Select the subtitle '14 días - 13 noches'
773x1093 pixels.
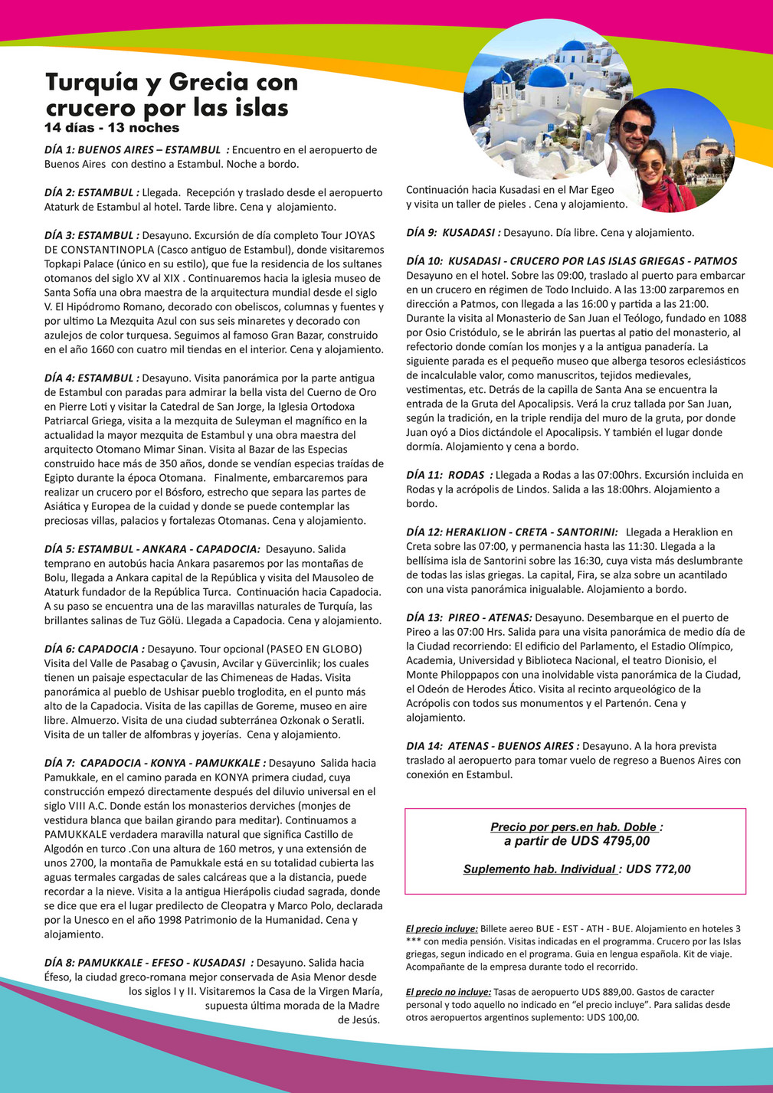(112, 128)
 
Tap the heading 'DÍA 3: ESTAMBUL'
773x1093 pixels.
(91, 235)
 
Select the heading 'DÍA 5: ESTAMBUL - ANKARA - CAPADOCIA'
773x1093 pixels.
(152, 549)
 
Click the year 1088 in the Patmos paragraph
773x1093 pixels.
(733, 318)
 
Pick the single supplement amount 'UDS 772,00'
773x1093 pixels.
(658, 869)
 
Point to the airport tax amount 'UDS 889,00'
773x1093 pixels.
(607, 990)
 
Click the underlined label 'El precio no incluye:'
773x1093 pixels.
(448, 990)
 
